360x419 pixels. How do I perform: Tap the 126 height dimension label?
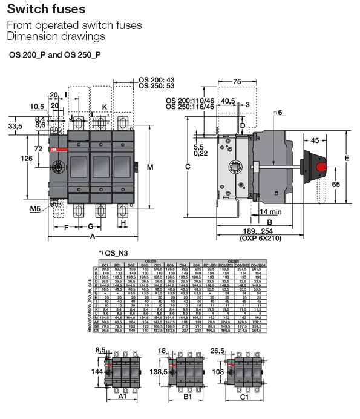click(x=27, y=159)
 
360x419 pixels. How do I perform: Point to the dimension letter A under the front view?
click(x=93, y=236)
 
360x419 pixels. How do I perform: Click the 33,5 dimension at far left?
click(x=15, y=126)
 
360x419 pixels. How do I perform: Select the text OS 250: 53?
click(x=156, y=86)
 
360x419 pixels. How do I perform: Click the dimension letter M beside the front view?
click(x=150, y=167)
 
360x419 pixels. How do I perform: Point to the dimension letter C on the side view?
click(x=188, y=167)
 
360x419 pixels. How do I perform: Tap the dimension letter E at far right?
click(x=347, y=158)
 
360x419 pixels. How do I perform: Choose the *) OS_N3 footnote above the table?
click(x=114, y=254)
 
